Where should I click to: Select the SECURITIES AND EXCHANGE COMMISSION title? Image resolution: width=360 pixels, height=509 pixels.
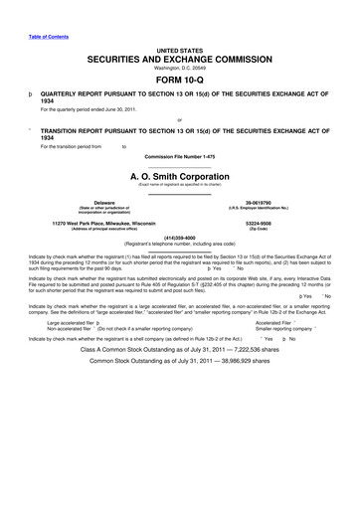click(179, 60)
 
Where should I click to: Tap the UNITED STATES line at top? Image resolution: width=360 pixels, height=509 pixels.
click(179, 49)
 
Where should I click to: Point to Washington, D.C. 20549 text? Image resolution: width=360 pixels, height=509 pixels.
click(179, 69)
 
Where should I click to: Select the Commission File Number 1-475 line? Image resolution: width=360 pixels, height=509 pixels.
click(179, 157)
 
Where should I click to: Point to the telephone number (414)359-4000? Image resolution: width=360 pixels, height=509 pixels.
click(179, 238)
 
